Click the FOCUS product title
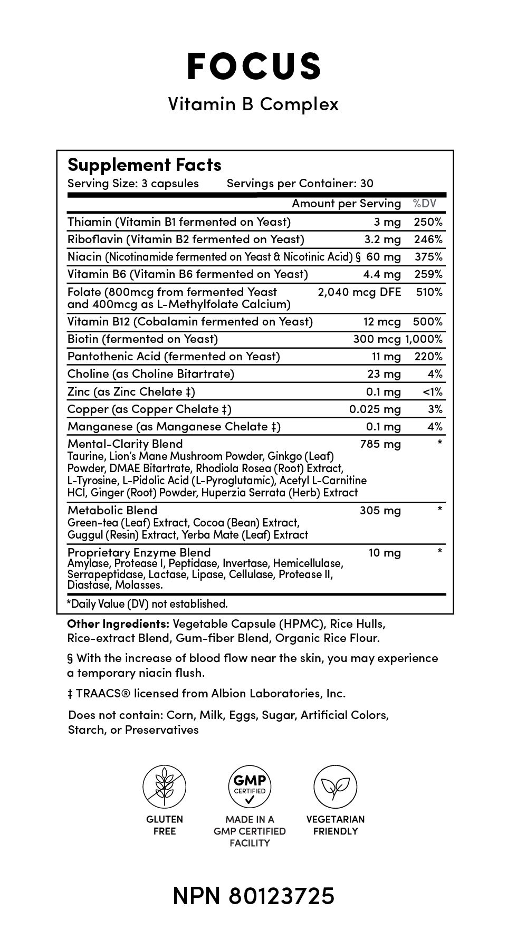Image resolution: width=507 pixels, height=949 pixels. click(254, 66)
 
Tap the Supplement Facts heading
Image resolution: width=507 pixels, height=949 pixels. click(144, 165)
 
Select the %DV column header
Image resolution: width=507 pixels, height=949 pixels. click(425, 204)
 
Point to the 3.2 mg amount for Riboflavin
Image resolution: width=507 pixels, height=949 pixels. click(382, 239)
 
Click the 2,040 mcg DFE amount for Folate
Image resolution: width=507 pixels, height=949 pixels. click(359, 292)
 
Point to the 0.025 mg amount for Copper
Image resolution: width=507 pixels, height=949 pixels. click(375, 409)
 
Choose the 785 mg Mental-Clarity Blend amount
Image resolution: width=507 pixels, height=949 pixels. click(380, 444)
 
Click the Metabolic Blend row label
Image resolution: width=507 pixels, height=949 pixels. click(112, 511)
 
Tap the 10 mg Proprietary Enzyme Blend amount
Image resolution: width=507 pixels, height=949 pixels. click(385, 553)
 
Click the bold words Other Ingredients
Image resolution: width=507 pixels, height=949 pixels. click(118, 624)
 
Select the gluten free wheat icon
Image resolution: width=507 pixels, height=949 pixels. click(164, 787)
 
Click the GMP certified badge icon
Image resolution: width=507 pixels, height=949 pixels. click(250, 787)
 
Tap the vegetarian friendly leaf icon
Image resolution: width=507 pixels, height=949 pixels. click(336, 787)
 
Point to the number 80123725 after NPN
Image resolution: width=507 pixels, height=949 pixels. click(282, 896)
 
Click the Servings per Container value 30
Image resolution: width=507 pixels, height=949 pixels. click(367, 184)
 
